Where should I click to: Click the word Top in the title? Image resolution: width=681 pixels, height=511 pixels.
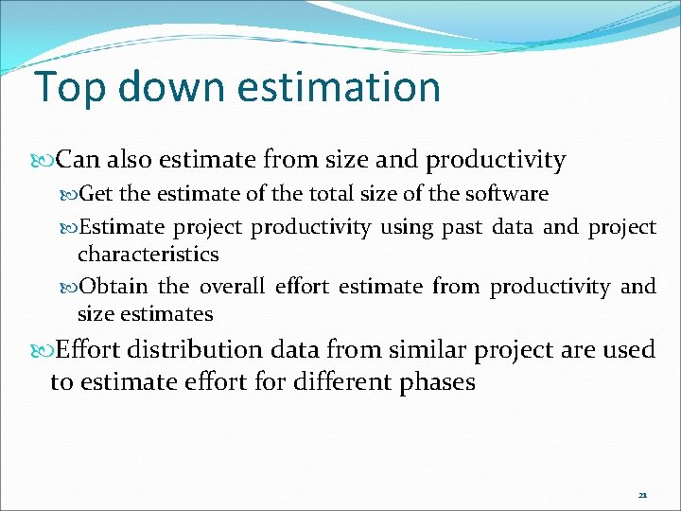click(64, 87)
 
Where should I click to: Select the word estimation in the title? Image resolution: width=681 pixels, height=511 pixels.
click(339, 87)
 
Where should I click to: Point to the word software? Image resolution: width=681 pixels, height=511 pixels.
click(507, 194)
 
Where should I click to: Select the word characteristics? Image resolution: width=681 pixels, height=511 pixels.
click(148, 255)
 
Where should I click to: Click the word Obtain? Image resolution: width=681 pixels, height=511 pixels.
click(113, 287)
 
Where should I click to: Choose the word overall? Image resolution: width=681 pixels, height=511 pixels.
click(233, 287)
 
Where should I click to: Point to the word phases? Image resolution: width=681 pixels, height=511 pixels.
click(431, 382)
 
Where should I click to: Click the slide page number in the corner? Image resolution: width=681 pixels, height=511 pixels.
click(642, 495)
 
